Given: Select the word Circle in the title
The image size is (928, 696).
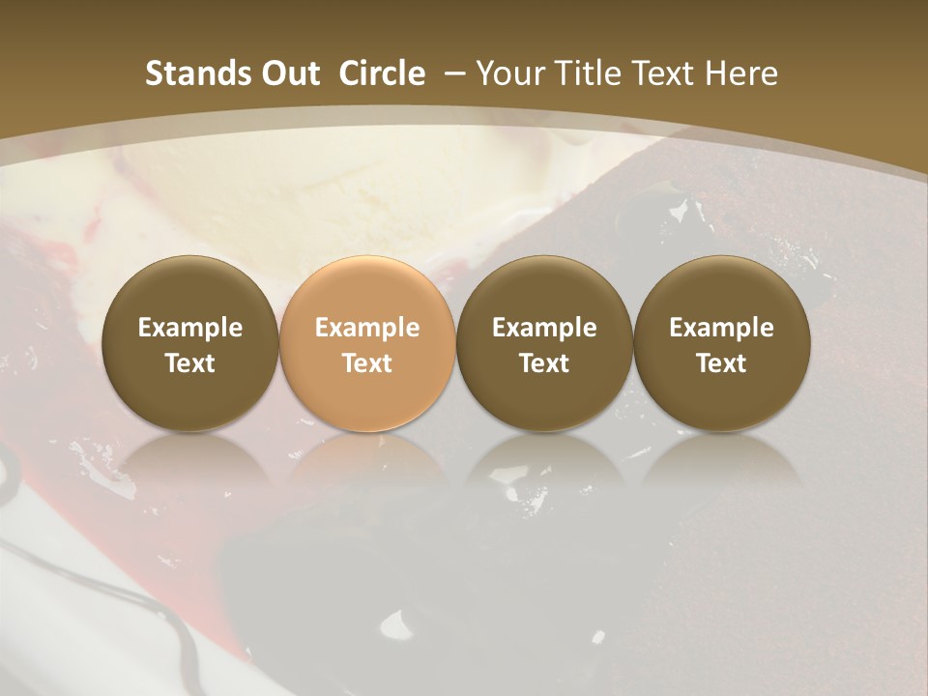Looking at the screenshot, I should (x=382, y=73).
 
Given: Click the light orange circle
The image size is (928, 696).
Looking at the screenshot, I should (x=367, y=343).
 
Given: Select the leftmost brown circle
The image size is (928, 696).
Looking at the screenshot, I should (x=190, y=343).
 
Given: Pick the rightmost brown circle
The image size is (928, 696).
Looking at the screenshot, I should (x=721, y=343).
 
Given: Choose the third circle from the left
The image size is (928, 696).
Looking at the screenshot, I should (x=544, y=343).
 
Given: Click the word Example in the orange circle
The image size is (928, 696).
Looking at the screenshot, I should (x=367, y=328).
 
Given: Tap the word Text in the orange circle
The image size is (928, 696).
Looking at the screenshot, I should (x=367, y=363).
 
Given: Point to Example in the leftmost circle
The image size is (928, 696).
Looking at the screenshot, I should (x=190, y=328).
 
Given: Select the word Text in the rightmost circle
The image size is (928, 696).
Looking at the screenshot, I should (x=721, y=363).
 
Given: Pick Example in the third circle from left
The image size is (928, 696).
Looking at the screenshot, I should (x=544, y=328).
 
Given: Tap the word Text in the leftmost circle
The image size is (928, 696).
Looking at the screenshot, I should (x=190, y=363).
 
